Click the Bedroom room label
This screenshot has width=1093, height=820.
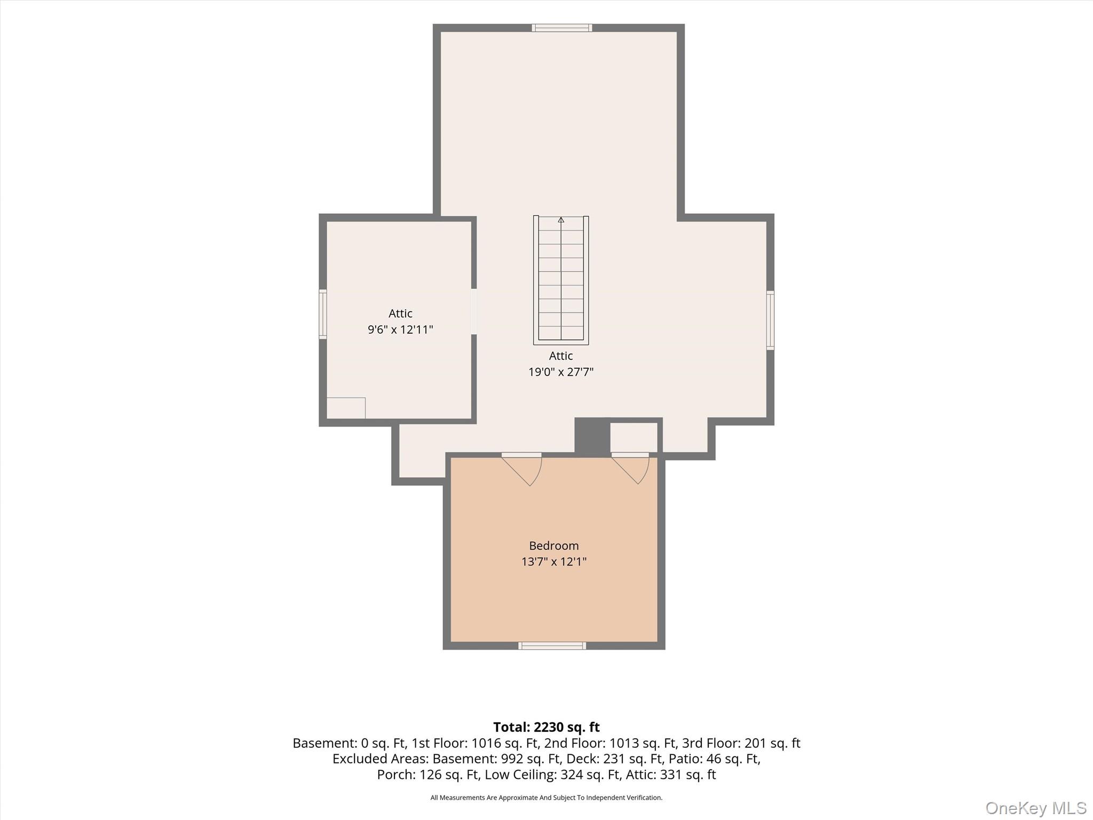(553, 546)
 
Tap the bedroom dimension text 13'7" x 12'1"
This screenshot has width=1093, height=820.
(553, 562)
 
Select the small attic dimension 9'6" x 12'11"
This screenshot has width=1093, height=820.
(400, 329)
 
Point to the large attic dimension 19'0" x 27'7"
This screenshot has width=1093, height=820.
(561, 372)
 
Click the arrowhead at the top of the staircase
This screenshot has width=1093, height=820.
(561, 219)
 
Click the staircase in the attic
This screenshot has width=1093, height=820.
(561, 280)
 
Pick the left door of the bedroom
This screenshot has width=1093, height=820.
(522, 469)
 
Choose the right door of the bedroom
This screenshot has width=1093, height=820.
(630, 468)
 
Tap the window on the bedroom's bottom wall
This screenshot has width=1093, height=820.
(552, 646)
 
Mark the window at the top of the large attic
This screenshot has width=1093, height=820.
(562, 28)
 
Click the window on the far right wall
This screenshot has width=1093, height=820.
(770, 320)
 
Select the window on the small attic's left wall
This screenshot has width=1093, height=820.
(323, 314)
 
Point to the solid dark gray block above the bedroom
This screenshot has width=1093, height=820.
(592, 437)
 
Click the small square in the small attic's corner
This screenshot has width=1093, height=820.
(346, 408)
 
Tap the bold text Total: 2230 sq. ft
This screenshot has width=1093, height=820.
(546, 727)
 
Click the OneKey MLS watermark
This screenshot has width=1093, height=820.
(1035, 808)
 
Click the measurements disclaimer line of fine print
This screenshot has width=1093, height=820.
(546, 798)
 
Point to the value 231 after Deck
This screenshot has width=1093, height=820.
(614, 759)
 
